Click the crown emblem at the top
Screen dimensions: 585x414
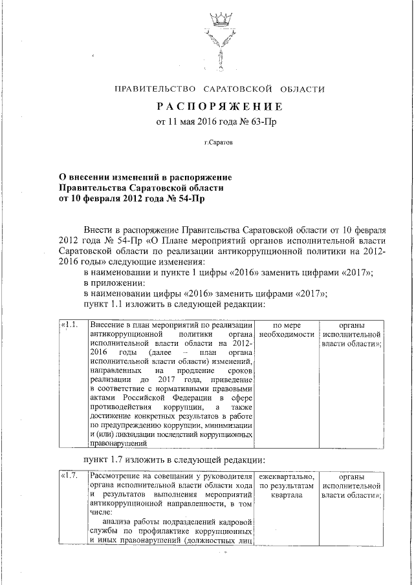pos(221,22)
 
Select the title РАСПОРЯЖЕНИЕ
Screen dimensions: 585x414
pos(219,105)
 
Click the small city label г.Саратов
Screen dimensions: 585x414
pos(219,141)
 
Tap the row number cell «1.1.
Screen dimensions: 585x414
pos(69,324)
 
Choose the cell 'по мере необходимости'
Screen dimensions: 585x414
pos(287,329)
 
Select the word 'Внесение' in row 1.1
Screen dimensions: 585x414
pos(108,324)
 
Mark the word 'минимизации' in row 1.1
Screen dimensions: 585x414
pos(227,426)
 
